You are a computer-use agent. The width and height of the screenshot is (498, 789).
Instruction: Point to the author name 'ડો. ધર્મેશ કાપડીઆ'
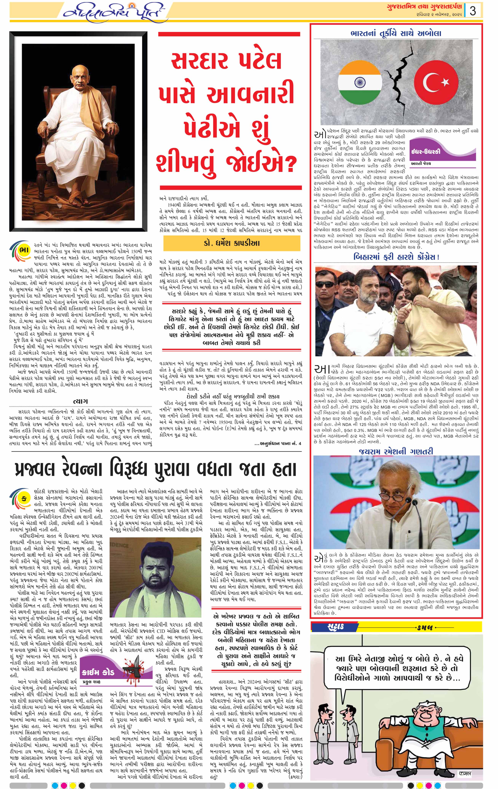tap(231, 243)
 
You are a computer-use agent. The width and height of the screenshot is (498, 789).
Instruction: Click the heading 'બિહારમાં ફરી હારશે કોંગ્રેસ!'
tap(396, 257)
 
